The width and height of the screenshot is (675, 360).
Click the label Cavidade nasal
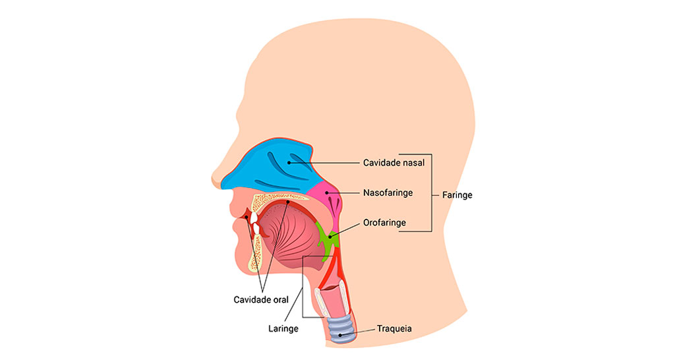(x=394, y=163)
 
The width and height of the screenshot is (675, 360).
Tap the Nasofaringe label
(x=388, y=193)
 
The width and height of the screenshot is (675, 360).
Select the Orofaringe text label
(x=384, y=223)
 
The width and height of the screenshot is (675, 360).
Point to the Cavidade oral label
(x=261, y=299)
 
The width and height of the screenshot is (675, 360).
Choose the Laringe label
(x=284, y=328)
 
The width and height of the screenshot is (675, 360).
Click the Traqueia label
(x=394, y=328)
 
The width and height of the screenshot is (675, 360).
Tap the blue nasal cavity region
(x=264, y=168)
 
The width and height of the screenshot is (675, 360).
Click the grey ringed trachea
(x=341, y=327)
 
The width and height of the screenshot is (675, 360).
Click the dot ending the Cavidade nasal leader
(x=288, y=162)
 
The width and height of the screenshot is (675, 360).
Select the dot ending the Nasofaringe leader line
(x=326, y=193)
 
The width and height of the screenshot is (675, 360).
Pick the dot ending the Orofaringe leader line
(x=330, y=236)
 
